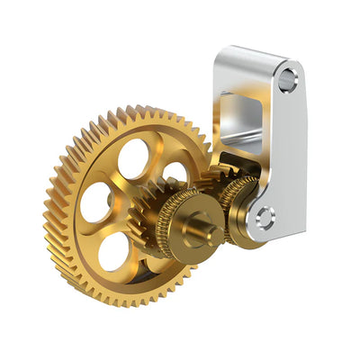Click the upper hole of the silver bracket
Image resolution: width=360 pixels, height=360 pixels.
tap(287, 79)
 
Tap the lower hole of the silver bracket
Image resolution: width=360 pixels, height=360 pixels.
tap(264, 217)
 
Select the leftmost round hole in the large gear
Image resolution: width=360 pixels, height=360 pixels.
tap(95, 202)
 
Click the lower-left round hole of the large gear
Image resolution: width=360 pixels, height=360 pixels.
tap(113, 251)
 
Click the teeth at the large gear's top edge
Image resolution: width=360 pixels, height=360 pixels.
tap(135, 115)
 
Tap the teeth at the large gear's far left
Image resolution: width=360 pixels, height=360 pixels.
tap(51, 211)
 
